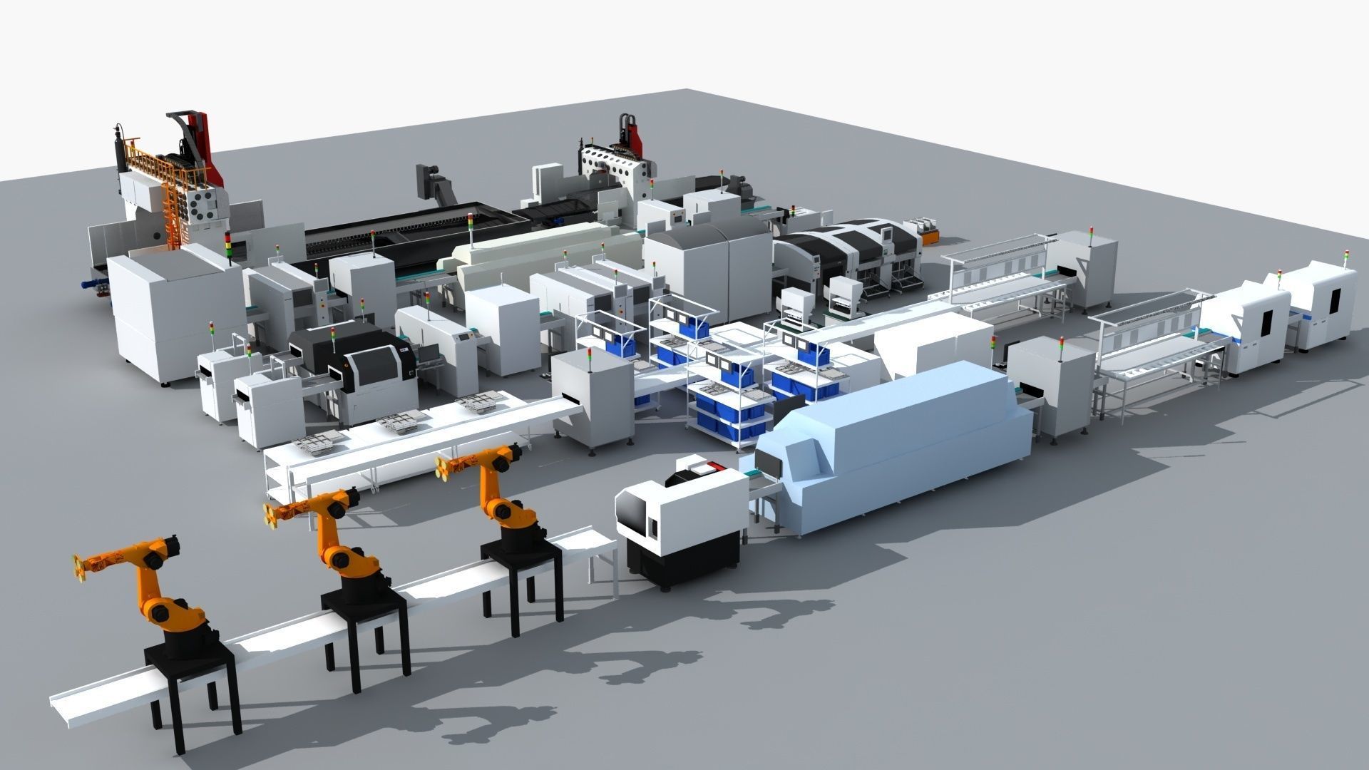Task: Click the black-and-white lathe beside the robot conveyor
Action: [x=677, y=520]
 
